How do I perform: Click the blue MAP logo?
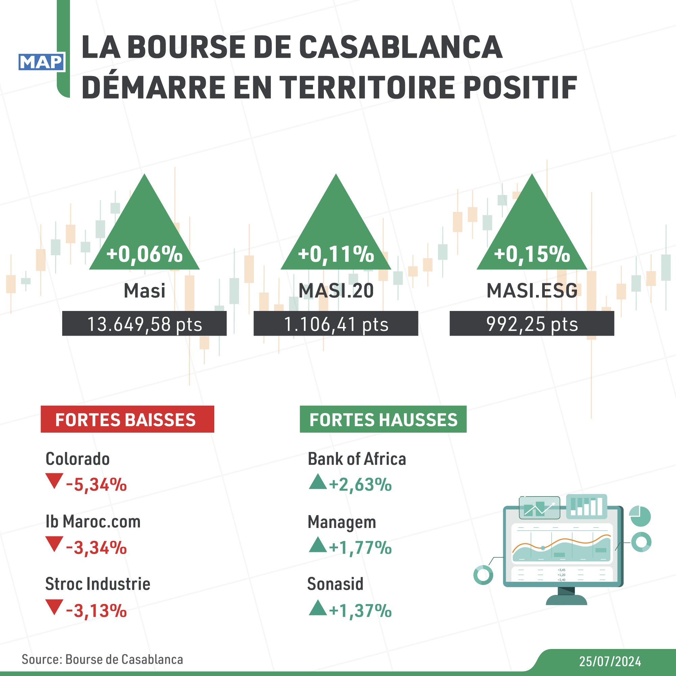click(41, 62)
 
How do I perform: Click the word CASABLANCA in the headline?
click(401, 47)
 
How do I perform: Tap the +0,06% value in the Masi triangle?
click(145, 254)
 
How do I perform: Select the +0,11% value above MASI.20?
click(336, 254)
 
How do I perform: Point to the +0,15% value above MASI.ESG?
click(532, 254)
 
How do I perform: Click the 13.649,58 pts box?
click(144, 324)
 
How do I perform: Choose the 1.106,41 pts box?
click(336, 324)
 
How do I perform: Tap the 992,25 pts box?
click(531, 324)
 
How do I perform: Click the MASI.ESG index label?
click(532, 291)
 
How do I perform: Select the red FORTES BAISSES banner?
click(127, 419)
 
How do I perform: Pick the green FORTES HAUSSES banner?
click(383, 419)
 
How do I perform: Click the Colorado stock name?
click(77, 459)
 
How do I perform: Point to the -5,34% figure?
click(96, 485)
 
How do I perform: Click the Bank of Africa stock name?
click(357, 459)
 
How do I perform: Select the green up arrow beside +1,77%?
click(317, 545)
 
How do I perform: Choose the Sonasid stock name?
click(335, 584)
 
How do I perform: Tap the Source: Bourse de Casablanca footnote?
click(102, 659)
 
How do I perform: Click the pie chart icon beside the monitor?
click(639, 516)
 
